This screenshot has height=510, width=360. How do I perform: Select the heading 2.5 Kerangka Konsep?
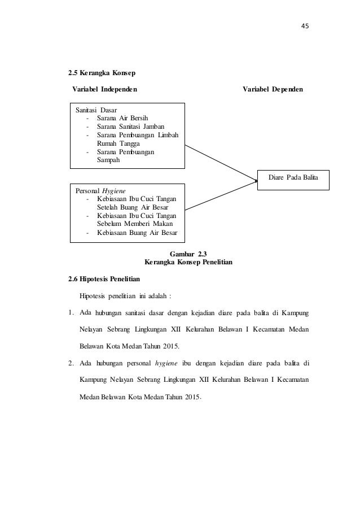click(x=102, y=73)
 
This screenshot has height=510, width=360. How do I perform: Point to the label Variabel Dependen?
click(x=273, y=89)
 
